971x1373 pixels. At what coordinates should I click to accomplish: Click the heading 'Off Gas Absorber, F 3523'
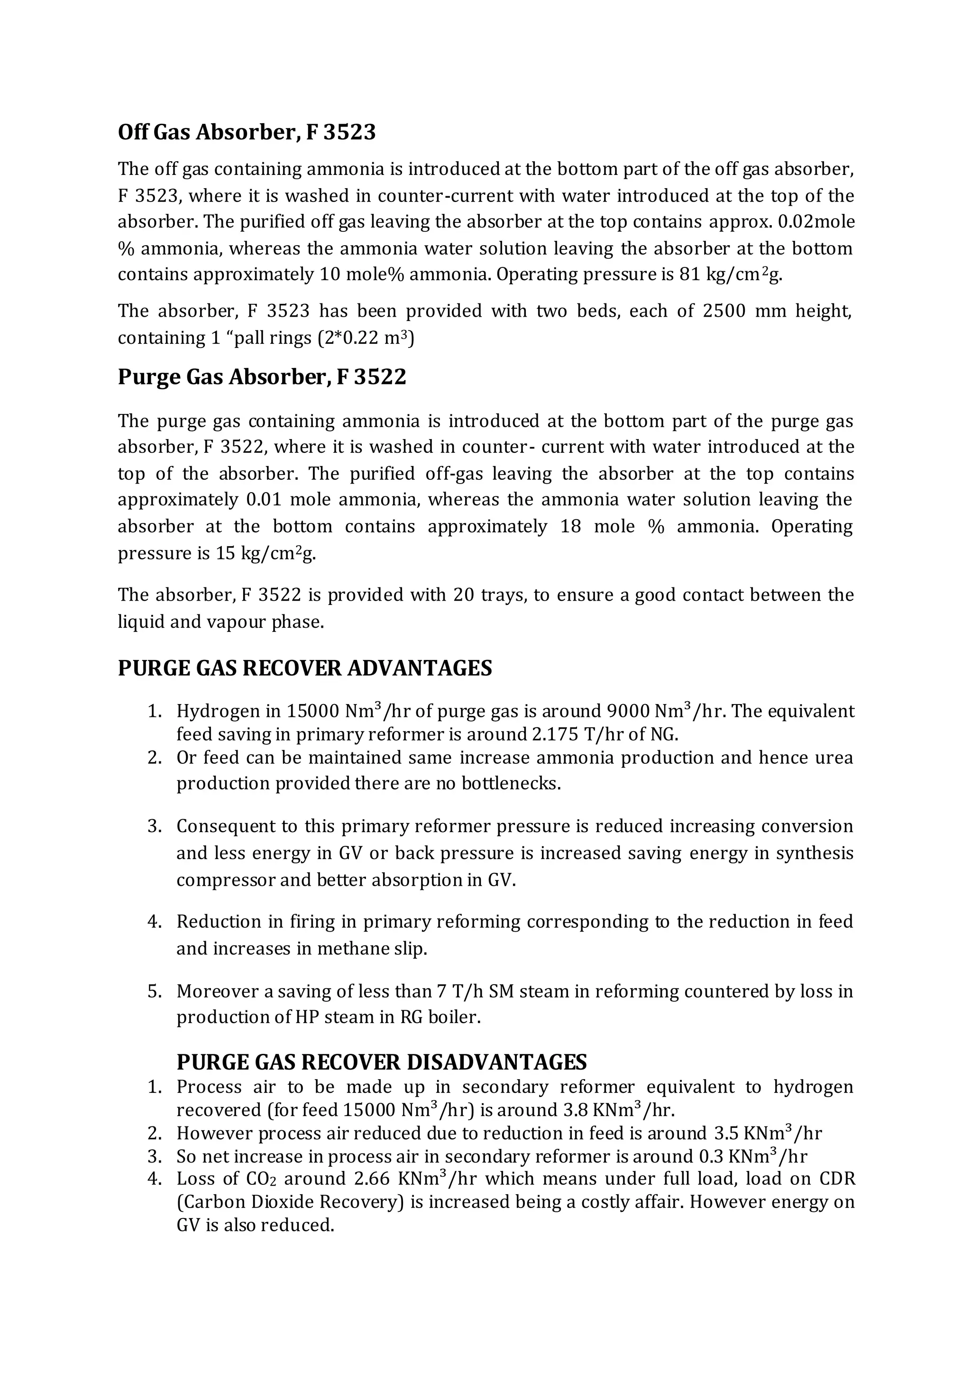coord(247,132)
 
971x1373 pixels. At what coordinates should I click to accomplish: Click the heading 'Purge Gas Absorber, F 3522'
coord(262,377)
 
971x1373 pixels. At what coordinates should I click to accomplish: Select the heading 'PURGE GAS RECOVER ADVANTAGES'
coord(305,668)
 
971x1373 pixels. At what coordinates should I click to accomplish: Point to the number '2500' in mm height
coord(724,311)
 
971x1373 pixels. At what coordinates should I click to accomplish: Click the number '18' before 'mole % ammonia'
coord(571,526)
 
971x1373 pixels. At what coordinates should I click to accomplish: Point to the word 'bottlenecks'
coord(510,783)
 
